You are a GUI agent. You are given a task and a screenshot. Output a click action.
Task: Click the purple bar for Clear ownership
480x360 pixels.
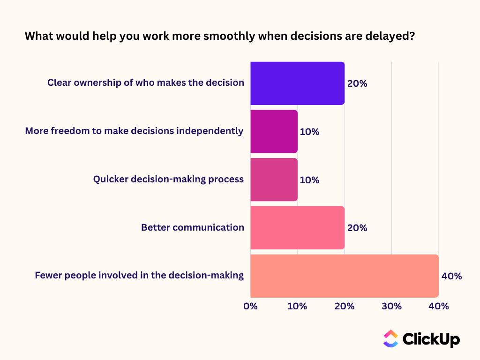pyautogui.click(x=297, y=83)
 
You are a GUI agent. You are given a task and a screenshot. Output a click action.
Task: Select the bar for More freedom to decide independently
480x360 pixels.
pyautogui.click(x=274, y=131)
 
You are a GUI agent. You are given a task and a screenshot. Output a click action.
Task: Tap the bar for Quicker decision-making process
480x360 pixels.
pyautogui.click(x=274, y=180)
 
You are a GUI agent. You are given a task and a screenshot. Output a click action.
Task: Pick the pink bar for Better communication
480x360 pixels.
pyautogui.click(x=297, y=228)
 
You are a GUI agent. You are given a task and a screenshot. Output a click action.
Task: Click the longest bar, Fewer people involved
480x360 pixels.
pyautogui.click(x=344, y=276)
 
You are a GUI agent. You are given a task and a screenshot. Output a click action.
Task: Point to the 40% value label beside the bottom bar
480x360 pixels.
pyautogui.click(x=451, y=276)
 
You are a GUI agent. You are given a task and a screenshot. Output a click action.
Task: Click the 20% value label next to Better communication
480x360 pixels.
pyautogui.click(x=357, y=228)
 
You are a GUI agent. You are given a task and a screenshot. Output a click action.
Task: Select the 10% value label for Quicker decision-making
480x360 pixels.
pyautogui.click(x=309, y=180)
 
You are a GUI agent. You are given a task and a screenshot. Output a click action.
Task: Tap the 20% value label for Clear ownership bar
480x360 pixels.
pyautogui.click(x=357, y=84)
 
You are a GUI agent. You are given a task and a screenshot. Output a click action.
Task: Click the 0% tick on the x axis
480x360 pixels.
pyautogui.click(x=250, y=307)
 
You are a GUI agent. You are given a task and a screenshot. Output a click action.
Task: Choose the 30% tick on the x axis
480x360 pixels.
pyautogui.click(x=391, y=307)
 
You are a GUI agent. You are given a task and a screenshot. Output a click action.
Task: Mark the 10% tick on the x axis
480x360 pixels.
pyautogui.click(x=297, y=307)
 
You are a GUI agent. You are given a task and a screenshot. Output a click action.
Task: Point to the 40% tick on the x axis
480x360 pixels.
pyautogui.click(x=439, y=307)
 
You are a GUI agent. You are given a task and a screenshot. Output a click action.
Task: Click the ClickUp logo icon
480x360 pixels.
pyautogui.click(x=390, y=338)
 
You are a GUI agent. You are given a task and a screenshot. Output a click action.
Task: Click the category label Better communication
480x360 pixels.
pyautogui.click(x=193, y=228)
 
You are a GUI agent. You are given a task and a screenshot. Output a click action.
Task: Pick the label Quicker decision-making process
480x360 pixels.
pyautogui.click(x=168, y=179)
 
